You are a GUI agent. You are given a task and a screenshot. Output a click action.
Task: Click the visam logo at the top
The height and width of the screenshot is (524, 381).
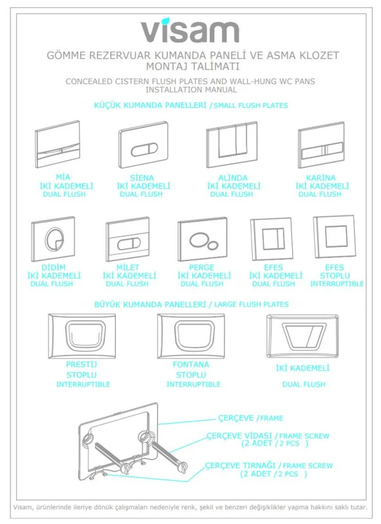[x=190, y=31]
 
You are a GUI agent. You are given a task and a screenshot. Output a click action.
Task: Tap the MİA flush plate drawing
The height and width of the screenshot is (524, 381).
[x=57, y=145]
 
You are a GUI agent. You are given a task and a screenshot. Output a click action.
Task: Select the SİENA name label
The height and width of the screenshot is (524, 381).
[x=142, y=178]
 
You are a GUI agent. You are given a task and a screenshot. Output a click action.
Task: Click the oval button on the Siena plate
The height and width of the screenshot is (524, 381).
[x=144, y=150]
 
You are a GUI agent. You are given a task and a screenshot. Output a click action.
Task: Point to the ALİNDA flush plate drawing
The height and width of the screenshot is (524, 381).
[x=232, y=145]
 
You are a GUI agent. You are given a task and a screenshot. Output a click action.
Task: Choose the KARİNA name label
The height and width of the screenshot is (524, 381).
[x=321, y=178]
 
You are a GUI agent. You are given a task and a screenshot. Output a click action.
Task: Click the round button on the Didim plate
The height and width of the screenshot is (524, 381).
[x=53, y=239]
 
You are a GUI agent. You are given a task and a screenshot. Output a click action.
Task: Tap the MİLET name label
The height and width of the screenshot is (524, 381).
[x=128, y=267]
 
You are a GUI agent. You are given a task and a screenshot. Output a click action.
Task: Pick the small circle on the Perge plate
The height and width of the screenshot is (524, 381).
[x=213, y=246]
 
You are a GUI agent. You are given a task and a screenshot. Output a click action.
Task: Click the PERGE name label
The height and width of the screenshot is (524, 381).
[x=201, y=267]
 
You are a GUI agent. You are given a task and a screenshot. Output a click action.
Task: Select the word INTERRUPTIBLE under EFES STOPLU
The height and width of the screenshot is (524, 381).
[x=337, y=284]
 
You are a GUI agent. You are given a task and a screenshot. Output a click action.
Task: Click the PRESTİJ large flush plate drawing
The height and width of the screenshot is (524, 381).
[x=82, y=336]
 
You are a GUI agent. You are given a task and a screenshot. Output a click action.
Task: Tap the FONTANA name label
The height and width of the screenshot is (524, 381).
[x=191, y=365]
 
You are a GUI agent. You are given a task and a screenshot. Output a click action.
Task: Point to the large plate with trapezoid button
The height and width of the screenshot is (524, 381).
[x=302, y=336]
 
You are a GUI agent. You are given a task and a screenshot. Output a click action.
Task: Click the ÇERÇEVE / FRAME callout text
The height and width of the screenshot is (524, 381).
[x=250, y=418]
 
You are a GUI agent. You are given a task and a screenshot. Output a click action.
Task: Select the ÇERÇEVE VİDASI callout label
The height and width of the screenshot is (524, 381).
[x=239, y=436]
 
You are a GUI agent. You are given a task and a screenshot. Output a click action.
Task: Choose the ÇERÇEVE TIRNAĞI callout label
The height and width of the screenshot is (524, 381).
[x=240, y=465]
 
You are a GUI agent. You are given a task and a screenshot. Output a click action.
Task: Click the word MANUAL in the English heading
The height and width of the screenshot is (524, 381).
[x=218, y=89]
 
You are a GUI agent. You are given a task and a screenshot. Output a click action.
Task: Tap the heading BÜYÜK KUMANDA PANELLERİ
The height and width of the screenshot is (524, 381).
[x=150, y=305]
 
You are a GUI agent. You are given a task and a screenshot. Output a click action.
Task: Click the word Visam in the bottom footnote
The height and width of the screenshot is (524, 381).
[x=23, y=507]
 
